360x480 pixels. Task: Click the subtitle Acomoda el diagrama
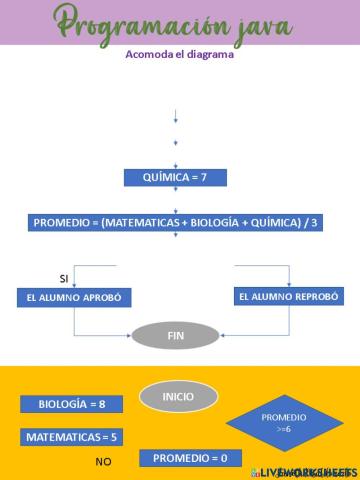(x=180, y=55)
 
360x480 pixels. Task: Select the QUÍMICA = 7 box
(x=176, y=178)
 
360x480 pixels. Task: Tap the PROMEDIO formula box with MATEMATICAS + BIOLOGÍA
(x=176, y=222)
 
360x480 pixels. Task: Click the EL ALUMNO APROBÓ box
(x=75, y=298)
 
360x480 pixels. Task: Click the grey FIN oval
(x=175, y=335)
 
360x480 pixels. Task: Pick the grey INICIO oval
(x=179, y=397)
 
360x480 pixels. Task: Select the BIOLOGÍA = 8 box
(x=72, y=404)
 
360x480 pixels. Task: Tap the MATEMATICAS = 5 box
(x=71, y=437)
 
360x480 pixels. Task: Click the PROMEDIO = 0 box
(x=190, y=458)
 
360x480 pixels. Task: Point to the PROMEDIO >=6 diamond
(x=283, y=421)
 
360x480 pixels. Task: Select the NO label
(x=103, y=461)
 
